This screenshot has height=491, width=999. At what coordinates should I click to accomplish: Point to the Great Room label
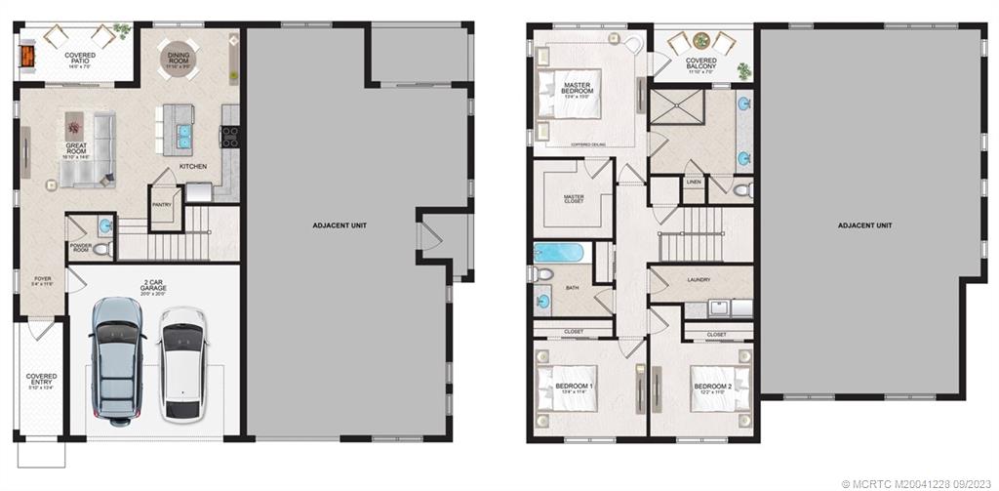(x=76, y=148)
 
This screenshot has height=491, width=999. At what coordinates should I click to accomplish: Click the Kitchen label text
(x=192, y=167)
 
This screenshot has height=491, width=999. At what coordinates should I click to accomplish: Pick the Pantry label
(x=162, y=205)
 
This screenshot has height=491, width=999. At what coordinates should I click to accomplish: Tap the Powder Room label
(x=80, y=248)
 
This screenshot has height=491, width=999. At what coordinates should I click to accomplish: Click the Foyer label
(x=41, y=280)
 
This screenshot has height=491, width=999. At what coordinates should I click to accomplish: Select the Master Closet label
(x=574, y=199)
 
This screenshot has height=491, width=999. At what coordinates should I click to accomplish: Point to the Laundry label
(x=698, y=280)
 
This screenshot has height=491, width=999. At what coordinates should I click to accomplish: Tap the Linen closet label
(x=694, y=182)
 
